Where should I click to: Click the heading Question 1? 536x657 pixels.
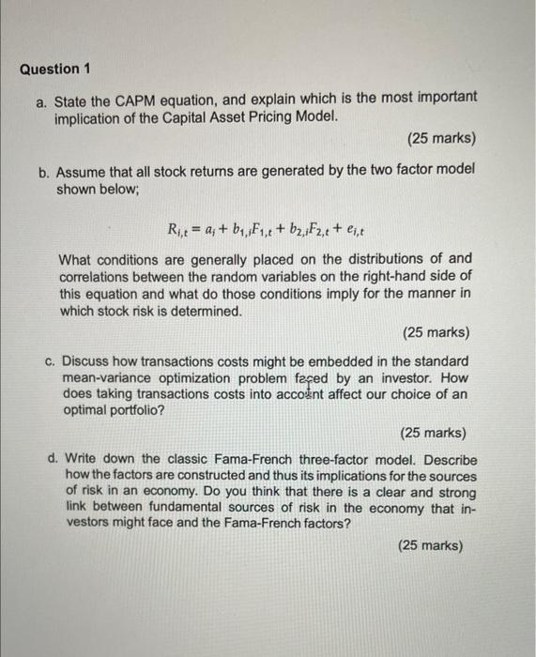tap(50, 69)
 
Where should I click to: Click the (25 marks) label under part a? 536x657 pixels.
tap(441, 139)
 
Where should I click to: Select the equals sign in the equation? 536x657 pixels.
tap(199, 225)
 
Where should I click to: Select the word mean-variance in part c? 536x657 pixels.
tap(102, 379)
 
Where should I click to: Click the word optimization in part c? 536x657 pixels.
tap(198, 379)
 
